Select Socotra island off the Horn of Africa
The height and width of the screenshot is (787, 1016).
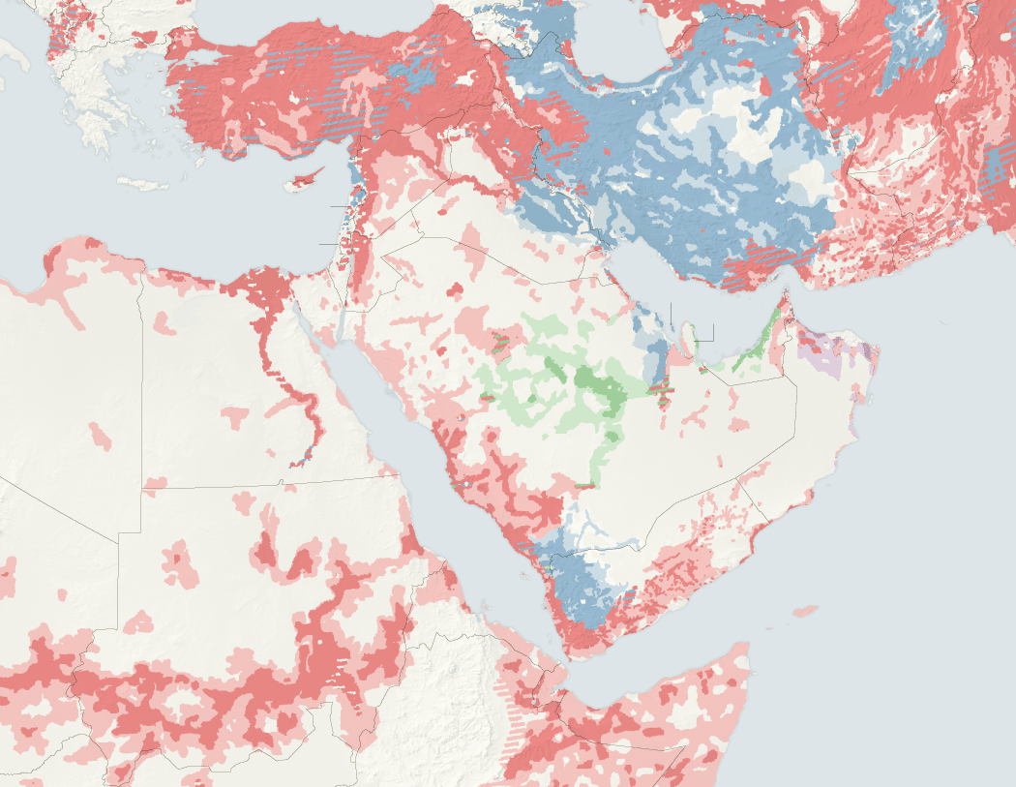pyautogui.click(x=803, y=610)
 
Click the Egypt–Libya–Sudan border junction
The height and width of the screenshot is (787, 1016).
pyautogui.click(x=143, y=486)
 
